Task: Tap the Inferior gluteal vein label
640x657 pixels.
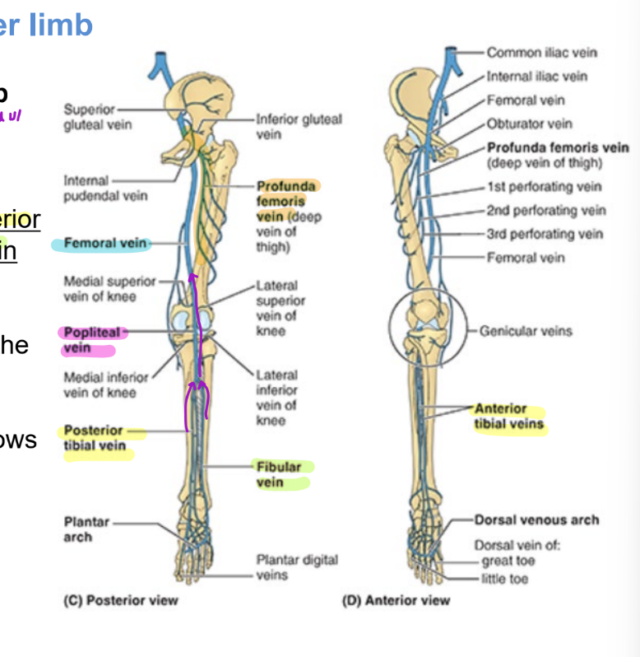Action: point(299,126)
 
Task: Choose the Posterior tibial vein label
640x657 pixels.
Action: point(95,438)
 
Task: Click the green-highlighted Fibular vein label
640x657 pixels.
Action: point(278,474)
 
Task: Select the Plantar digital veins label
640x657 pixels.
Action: point(296,567)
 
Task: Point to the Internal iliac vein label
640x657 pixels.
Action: point(536,77)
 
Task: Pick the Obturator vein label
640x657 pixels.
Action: point(529,124)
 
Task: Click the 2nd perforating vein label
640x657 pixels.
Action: point(545,210)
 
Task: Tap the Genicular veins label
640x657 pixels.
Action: point(526,331)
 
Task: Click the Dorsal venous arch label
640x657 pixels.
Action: point(536,520)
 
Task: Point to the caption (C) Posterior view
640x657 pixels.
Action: point(120,600)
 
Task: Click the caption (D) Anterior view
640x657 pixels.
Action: point(397,600)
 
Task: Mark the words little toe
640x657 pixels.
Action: point(505,579)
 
